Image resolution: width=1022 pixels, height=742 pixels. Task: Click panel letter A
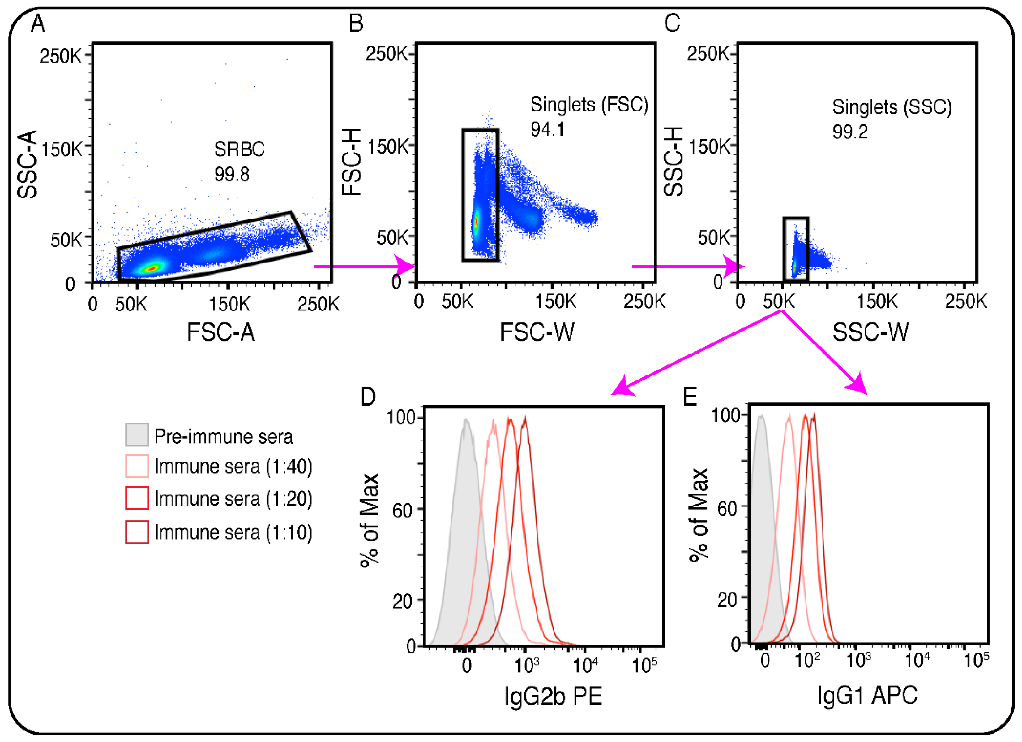[x=38, y=24]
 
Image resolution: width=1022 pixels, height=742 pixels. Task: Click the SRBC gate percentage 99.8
[x=232, y=174]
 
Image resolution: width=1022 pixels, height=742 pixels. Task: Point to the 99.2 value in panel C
[x=849, y=132]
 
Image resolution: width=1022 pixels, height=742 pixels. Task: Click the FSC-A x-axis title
[x=221, y=332]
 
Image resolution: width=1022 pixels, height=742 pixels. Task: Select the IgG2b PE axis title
[x=553, y=696]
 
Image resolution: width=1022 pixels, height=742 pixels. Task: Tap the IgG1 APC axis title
[x=867, y=695]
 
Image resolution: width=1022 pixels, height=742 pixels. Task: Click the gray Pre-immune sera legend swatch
[x=137, y=435]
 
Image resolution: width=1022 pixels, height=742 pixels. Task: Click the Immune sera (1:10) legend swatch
[x=137, y=532]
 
